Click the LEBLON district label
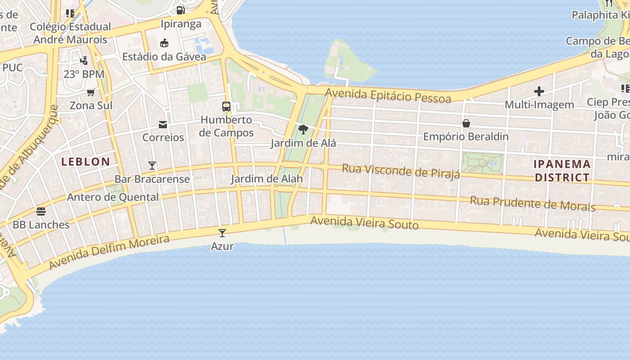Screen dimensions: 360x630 coord(85,162)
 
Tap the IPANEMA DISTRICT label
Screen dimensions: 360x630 coord(562,171)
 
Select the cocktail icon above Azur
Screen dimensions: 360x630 coord(222,233)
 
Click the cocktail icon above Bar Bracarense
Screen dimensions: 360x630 coord(152,166)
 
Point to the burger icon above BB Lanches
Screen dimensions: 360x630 coord(41,211)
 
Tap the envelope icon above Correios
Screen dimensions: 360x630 coord(163,124)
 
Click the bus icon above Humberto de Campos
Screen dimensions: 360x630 coord(226,107)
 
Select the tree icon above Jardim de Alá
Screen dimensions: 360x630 coord(303,130)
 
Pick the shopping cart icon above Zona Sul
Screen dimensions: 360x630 coord(91,92)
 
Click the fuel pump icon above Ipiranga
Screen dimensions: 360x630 coord(180,10)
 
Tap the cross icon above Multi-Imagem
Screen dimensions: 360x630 coord(539,91)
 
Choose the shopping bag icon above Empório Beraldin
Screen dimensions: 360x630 coord(466,123)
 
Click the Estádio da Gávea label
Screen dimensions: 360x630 coord(164,57)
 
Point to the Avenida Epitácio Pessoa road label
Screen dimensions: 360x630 coord(388,95)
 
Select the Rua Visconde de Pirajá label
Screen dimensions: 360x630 coord(401,171)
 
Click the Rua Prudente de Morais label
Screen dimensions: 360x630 coord(532,203)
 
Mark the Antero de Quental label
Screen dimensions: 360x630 coord(112,197)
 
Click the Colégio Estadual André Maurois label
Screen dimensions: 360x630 coord(70,33)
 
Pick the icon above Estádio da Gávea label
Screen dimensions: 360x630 coord(164,43)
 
